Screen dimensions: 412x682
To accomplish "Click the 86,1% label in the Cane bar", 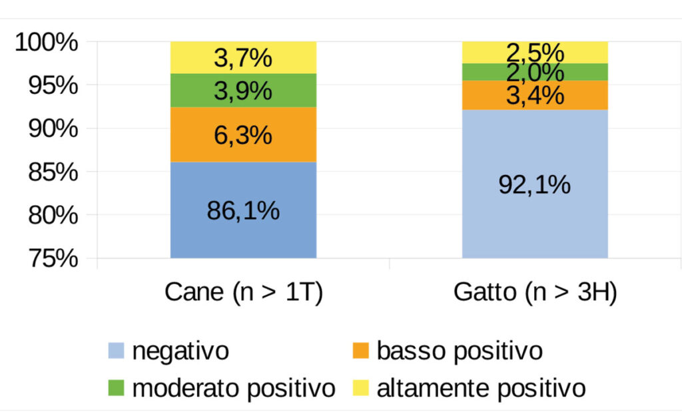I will click(x=243, y=212).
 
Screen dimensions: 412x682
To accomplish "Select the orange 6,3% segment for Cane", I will click(x=243, y=135).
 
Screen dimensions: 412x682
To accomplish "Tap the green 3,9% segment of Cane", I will click(x=243, y=91).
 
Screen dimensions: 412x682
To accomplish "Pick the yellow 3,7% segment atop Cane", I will click(x=243, y=58).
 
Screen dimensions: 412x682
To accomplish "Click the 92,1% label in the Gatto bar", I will click(x=535, y=184).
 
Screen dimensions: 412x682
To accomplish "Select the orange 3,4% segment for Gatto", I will click(x=535, y=95).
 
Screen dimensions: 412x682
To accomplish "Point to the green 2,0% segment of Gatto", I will click(x=535, y=72).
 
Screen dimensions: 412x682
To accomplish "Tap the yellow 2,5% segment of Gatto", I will click(x=535, y=52).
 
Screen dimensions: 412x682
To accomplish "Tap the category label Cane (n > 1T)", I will click(x=244, y=293).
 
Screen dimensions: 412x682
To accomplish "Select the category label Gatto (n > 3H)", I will click(x=535, y=293).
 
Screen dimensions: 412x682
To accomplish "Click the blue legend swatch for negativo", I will click(x=117, y=351).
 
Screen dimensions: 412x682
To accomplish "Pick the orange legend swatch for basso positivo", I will click(x=361, y=351).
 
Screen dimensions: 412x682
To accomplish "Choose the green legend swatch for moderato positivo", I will click(x=117, y=388).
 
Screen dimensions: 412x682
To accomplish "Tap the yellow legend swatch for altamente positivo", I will click(x=361, y=388).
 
